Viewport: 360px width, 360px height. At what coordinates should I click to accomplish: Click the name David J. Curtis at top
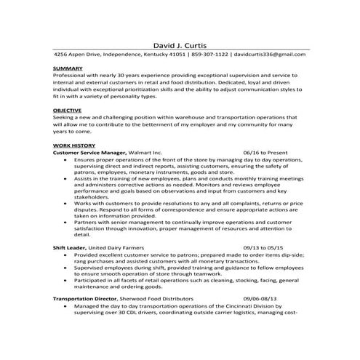click(x=180, y=44)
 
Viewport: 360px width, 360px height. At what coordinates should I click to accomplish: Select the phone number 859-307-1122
click(x=212, y=55)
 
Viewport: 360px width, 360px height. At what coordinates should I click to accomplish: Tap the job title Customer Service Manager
click(x=89, y=152)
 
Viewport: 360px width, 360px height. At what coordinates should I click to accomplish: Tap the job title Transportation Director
click(x=85, y=299)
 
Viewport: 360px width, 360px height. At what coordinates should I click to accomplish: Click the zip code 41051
click(x=177, y=55)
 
